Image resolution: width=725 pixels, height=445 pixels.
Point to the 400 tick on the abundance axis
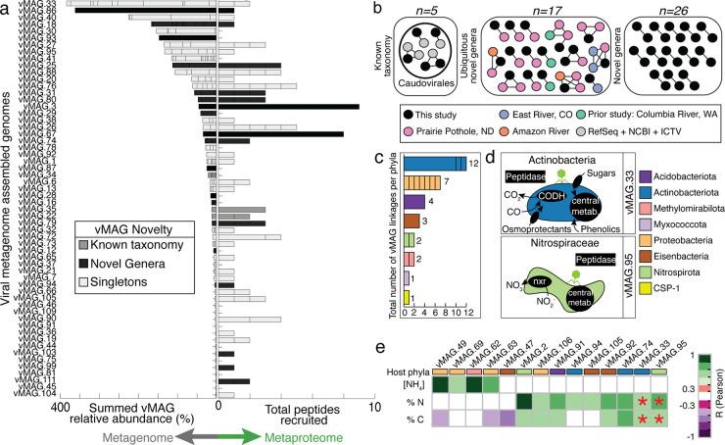click(x=64, y=405)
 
